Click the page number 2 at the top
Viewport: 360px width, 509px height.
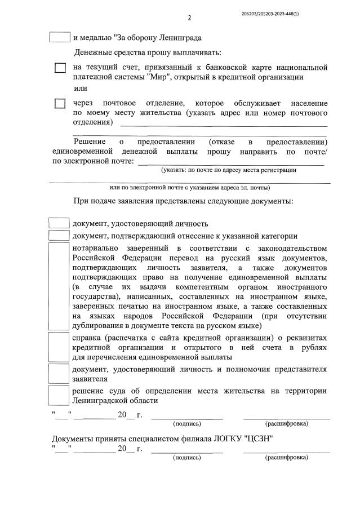pos(189,17)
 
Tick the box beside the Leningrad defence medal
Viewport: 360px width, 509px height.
pos(60,38)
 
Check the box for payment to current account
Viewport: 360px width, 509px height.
pos(60,68)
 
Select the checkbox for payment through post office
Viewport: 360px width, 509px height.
pos(60,104)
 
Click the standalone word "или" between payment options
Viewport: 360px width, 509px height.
pos(81,88)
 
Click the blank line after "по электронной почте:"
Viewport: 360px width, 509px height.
pos(231,162)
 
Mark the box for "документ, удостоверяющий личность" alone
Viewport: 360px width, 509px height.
pos(60,223)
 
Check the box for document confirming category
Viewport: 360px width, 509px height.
pos(60,236)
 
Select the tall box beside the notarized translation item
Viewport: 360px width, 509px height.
pos(60,286)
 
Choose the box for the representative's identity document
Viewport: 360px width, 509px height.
pos(60,374)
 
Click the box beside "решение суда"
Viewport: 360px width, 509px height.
pos(60,395)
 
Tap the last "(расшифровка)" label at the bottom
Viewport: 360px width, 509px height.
pos(286,457)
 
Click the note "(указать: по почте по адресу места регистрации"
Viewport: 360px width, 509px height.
pos(229,170)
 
